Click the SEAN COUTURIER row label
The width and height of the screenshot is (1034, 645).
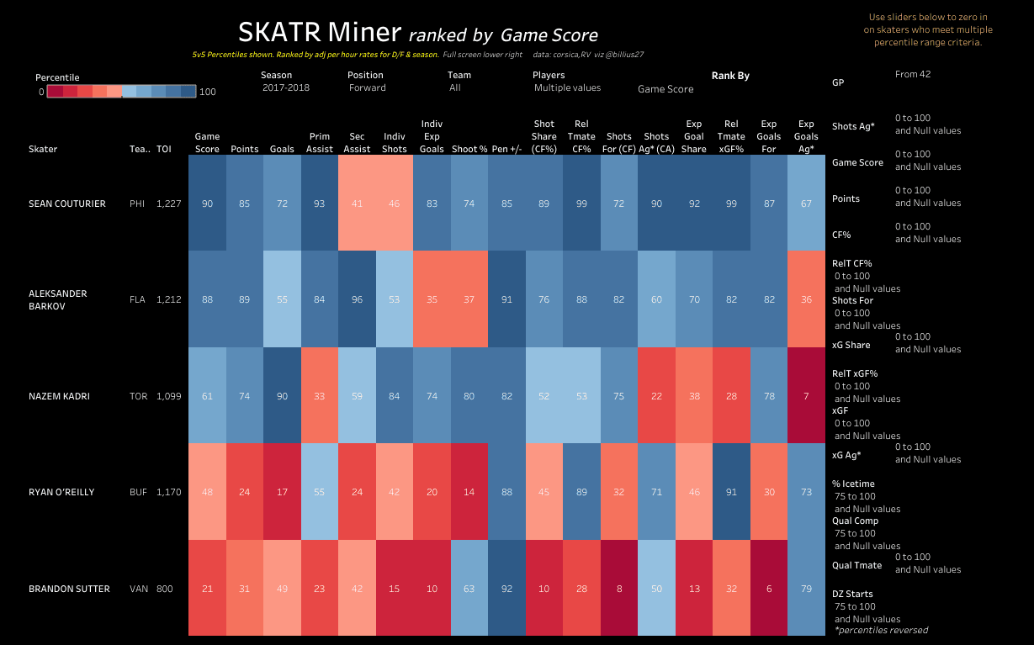click(67, 204)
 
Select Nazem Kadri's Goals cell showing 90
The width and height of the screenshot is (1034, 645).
click(282, 396)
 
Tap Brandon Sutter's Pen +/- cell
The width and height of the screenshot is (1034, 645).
click(506, 589)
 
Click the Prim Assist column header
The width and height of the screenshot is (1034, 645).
click(320, 143)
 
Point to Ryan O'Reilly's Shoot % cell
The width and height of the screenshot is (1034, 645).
click(469, 492)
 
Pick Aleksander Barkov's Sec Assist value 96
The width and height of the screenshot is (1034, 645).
click(357, 299)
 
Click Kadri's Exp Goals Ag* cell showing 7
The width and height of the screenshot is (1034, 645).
click(806, 396)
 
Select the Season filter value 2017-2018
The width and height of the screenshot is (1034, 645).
click(285, 87)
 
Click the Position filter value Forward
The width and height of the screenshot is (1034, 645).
click(368, 87)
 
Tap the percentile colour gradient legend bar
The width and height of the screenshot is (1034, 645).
click(122, 92)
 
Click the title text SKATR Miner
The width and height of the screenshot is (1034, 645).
click(319, 32)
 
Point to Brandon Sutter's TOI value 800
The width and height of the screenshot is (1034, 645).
click(164, 589)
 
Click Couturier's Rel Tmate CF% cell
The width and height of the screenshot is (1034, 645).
click(581, 204)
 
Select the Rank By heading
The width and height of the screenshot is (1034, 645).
click(730, 76)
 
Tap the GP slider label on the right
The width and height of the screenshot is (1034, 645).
click(838, 83)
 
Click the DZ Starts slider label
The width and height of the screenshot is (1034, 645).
click(852, 594)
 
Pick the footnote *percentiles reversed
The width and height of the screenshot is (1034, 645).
click(881, 630)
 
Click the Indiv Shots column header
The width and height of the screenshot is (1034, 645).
click(394, 143)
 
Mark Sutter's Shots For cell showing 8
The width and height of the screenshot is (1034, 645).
click(618, 589)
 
